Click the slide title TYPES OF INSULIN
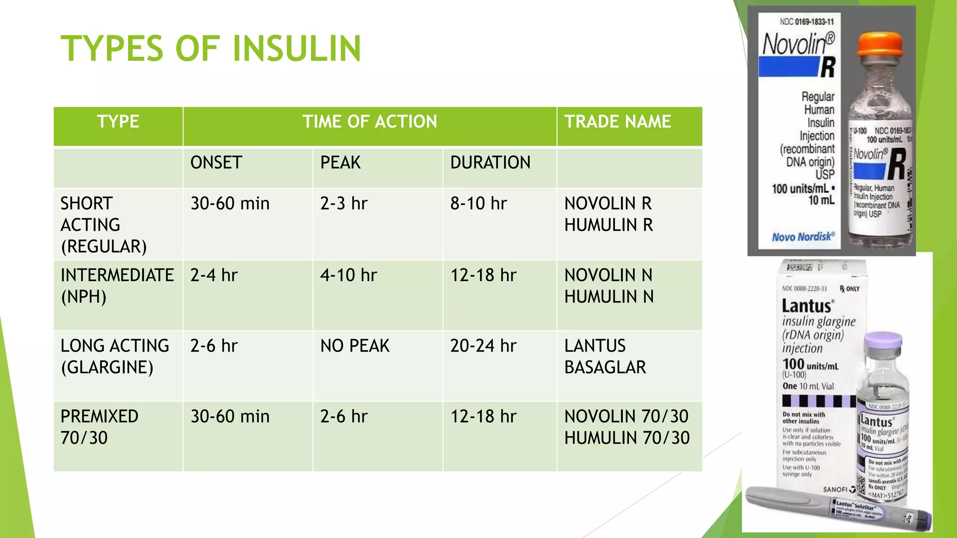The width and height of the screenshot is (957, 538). click(x=211, y=49)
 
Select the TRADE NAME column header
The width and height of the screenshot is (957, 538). click(x=617, y=122)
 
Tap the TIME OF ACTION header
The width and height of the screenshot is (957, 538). click(x=370, y=122)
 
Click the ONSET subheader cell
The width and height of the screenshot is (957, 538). click(x=216, y=163)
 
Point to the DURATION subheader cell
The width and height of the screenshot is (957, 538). click(x=490, y=163)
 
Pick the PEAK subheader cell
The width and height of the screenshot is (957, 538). click(x=340, y=163)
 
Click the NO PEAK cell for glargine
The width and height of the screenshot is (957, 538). click(x=355, y=346)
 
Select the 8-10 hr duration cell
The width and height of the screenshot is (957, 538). click(x=478, y=204)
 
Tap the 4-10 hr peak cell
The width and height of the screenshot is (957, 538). click(x=348, y=276)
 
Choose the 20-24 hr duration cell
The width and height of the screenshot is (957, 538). click(x=483, y=346)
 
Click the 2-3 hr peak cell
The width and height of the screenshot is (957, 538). click(x=344, y=204)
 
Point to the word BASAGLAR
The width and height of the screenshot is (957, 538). click(x=605, y=368)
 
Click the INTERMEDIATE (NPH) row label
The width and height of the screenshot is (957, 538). click(x=117, y=286)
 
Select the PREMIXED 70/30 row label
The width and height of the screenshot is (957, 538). click(x=99, y=427)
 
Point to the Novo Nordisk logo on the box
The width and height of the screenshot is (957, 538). click(x=803, y=237)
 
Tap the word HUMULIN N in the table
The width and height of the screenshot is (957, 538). click(x=609, y=297)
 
